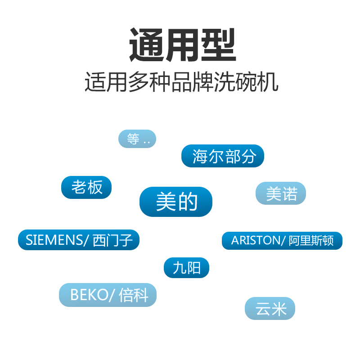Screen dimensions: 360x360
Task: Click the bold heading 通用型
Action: click(x=182, y=45)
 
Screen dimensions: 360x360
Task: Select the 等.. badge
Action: click(x=137, y=139)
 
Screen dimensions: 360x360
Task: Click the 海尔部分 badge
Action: click(x=223, y=156)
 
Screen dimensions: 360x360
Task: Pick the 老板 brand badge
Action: click(x=86, y=187)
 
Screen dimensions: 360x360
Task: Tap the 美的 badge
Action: click(x=176, y=202)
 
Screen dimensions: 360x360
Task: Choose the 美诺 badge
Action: click(x=281, y=193)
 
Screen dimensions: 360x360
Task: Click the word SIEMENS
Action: click(x=54, y=240)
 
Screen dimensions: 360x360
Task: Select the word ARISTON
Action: click(x=256, y=241)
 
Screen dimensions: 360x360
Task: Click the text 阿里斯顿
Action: click(x=311, y=241)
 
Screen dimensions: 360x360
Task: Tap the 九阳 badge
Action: click(x=186, y=268)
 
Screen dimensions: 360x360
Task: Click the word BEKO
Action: click(x=89, y=295)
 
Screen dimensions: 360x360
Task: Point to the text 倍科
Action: click(x=134, y=295)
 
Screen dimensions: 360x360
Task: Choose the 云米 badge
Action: click(x=270, y=309)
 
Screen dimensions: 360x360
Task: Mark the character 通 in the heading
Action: click(x=146, y=45)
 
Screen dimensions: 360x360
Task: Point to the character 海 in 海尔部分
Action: click(x=200, y=156)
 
